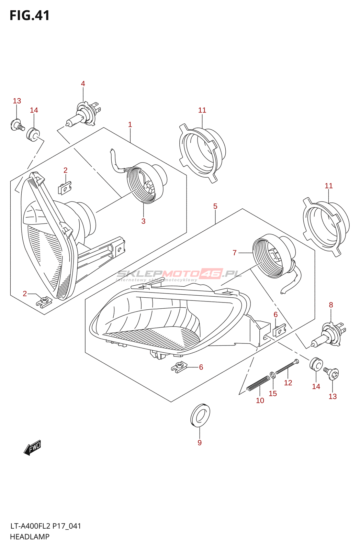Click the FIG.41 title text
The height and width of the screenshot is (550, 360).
[30, 15]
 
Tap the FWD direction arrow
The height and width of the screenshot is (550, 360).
[33, 448]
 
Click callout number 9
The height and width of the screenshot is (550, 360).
[200, 443]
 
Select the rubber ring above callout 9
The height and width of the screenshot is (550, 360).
[200, 415]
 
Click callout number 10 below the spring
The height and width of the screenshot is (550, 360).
[260, 400]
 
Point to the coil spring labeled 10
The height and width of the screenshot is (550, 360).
[258, 383]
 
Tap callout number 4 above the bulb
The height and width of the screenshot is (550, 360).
[83, 84]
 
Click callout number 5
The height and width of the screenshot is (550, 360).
[215, 206]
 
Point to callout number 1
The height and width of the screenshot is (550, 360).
[130, 124]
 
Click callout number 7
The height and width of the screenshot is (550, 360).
[235, 253]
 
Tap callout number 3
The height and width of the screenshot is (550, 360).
[143, 221]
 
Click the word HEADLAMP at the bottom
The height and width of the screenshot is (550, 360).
[30, 537]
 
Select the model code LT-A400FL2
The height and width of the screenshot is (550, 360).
[30, 526]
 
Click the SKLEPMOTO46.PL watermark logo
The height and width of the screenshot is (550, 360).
[179, 274]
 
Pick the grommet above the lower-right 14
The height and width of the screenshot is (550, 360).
[316, 364]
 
